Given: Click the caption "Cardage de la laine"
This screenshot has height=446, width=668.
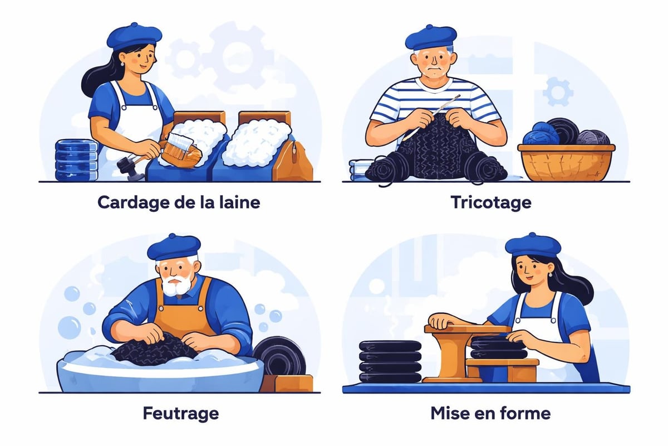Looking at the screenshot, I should coord(179,202).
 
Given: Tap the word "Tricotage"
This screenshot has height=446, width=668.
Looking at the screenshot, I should coord(490,202).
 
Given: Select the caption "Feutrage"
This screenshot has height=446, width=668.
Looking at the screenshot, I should coord(180,414).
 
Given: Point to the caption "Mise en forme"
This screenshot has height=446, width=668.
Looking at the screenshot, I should coord(490,414).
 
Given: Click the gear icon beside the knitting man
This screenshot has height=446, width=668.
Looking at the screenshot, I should coord(557,92).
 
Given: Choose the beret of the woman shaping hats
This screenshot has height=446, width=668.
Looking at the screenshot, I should coord(533,244).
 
